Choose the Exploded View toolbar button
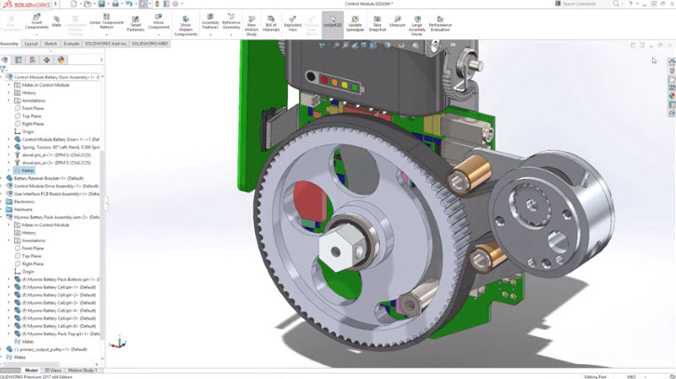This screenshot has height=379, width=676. click(x=292, y=22)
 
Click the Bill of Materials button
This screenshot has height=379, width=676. click(x=271, y=23)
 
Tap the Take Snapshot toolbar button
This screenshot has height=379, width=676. click(x=377, y=23)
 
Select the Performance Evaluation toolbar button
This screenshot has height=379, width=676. click(x=439, y=23)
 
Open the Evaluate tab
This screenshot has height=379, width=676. click(x=71, y=44)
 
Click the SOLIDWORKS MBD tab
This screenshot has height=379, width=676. click(x=150, y=44)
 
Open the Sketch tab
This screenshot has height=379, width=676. click(x=50, y=44)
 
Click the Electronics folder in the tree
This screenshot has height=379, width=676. click(x=23, y=201)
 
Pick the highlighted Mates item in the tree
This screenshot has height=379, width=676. click(x=28, y=170)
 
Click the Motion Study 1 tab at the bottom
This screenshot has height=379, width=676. click(x=83, y=371)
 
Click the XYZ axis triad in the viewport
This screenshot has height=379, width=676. click(x=116, y=343)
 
